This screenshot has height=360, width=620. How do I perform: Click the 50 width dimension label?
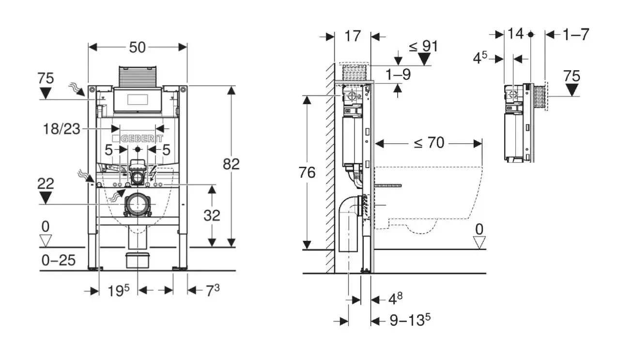coord(137,47)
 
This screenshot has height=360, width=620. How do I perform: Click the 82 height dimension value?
coord(231,164)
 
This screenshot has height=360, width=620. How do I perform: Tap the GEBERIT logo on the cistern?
coord(138,139)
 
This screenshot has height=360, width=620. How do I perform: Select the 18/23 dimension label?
coord(62,129)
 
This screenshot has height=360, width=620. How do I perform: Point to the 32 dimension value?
coord(212,216)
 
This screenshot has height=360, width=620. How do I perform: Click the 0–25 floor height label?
coord(59,260)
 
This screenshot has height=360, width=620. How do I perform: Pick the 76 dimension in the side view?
coord(307,172)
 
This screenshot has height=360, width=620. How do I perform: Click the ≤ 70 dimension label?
coord(429,143)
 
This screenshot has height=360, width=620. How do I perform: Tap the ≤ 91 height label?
coord(424,46)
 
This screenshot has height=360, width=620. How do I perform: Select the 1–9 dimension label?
coord(398,75)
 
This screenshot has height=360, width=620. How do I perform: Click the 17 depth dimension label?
coord(353,36)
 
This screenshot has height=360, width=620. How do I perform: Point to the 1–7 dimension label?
coord(576,35)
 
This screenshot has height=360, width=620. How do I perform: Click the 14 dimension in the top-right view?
coord(515,34)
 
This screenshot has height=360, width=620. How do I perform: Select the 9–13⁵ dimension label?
coord(410,320)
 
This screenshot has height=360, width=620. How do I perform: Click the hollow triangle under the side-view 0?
coord(479,242)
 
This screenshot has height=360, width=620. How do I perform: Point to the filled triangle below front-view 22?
coord(46,198)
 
